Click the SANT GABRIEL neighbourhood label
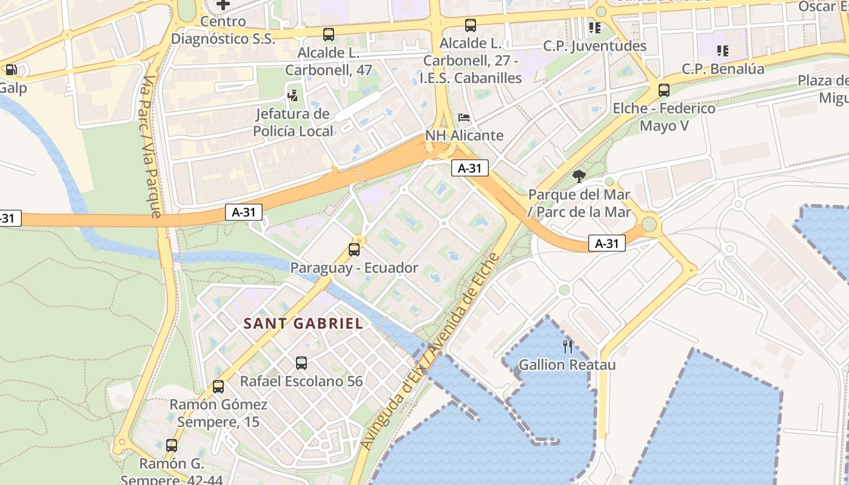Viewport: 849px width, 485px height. click(303, 324)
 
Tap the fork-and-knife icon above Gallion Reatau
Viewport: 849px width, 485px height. click(568, 347)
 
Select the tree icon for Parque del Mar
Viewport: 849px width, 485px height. click(579, 176)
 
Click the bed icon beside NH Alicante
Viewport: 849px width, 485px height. click(464, 117)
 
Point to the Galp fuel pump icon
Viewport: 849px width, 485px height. click(11, 70)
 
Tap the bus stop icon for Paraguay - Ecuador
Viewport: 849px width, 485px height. click(354, 249)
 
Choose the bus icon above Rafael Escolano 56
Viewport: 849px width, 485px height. click(301, 363)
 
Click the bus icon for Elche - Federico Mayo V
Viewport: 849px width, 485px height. click(664, 90)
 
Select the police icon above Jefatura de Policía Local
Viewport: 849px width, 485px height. click(293, 95)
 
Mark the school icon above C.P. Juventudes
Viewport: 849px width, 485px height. click(594, 27)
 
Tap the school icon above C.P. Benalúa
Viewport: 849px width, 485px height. click(722, 50)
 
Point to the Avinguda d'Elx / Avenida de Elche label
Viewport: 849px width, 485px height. click(429, 352)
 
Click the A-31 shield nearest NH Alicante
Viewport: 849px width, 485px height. click(469, 169)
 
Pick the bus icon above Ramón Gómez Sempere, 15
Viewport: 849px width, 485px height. click(218, 386)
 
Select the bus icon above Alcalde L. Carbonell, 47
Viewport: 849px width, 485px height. click(328, 35)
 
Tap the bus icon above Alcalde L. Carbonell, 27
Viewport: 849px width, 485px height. click(470, 25)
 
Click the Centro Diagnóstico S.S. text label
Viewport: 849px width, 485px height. click(223, 30)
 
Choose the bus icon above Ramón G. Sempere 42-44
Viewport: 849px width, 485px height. click(172, 446)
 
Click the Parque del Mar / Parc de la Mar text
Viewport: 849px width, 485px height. click(579, 204)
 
